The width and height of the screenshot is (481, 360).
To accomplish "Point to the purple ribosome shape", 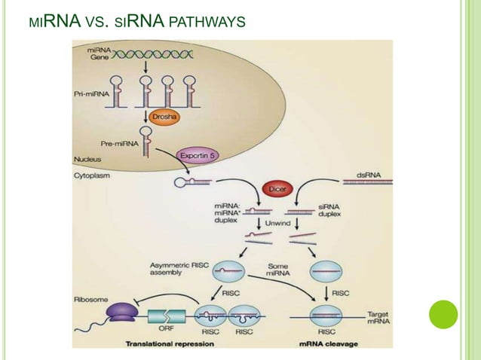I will click(121, 310).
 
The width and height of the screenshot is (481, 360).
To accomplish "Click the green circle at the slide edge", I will click(443, 314).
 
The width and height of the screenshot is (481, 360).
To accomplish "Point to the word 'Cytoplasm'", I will click(92, 174).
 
